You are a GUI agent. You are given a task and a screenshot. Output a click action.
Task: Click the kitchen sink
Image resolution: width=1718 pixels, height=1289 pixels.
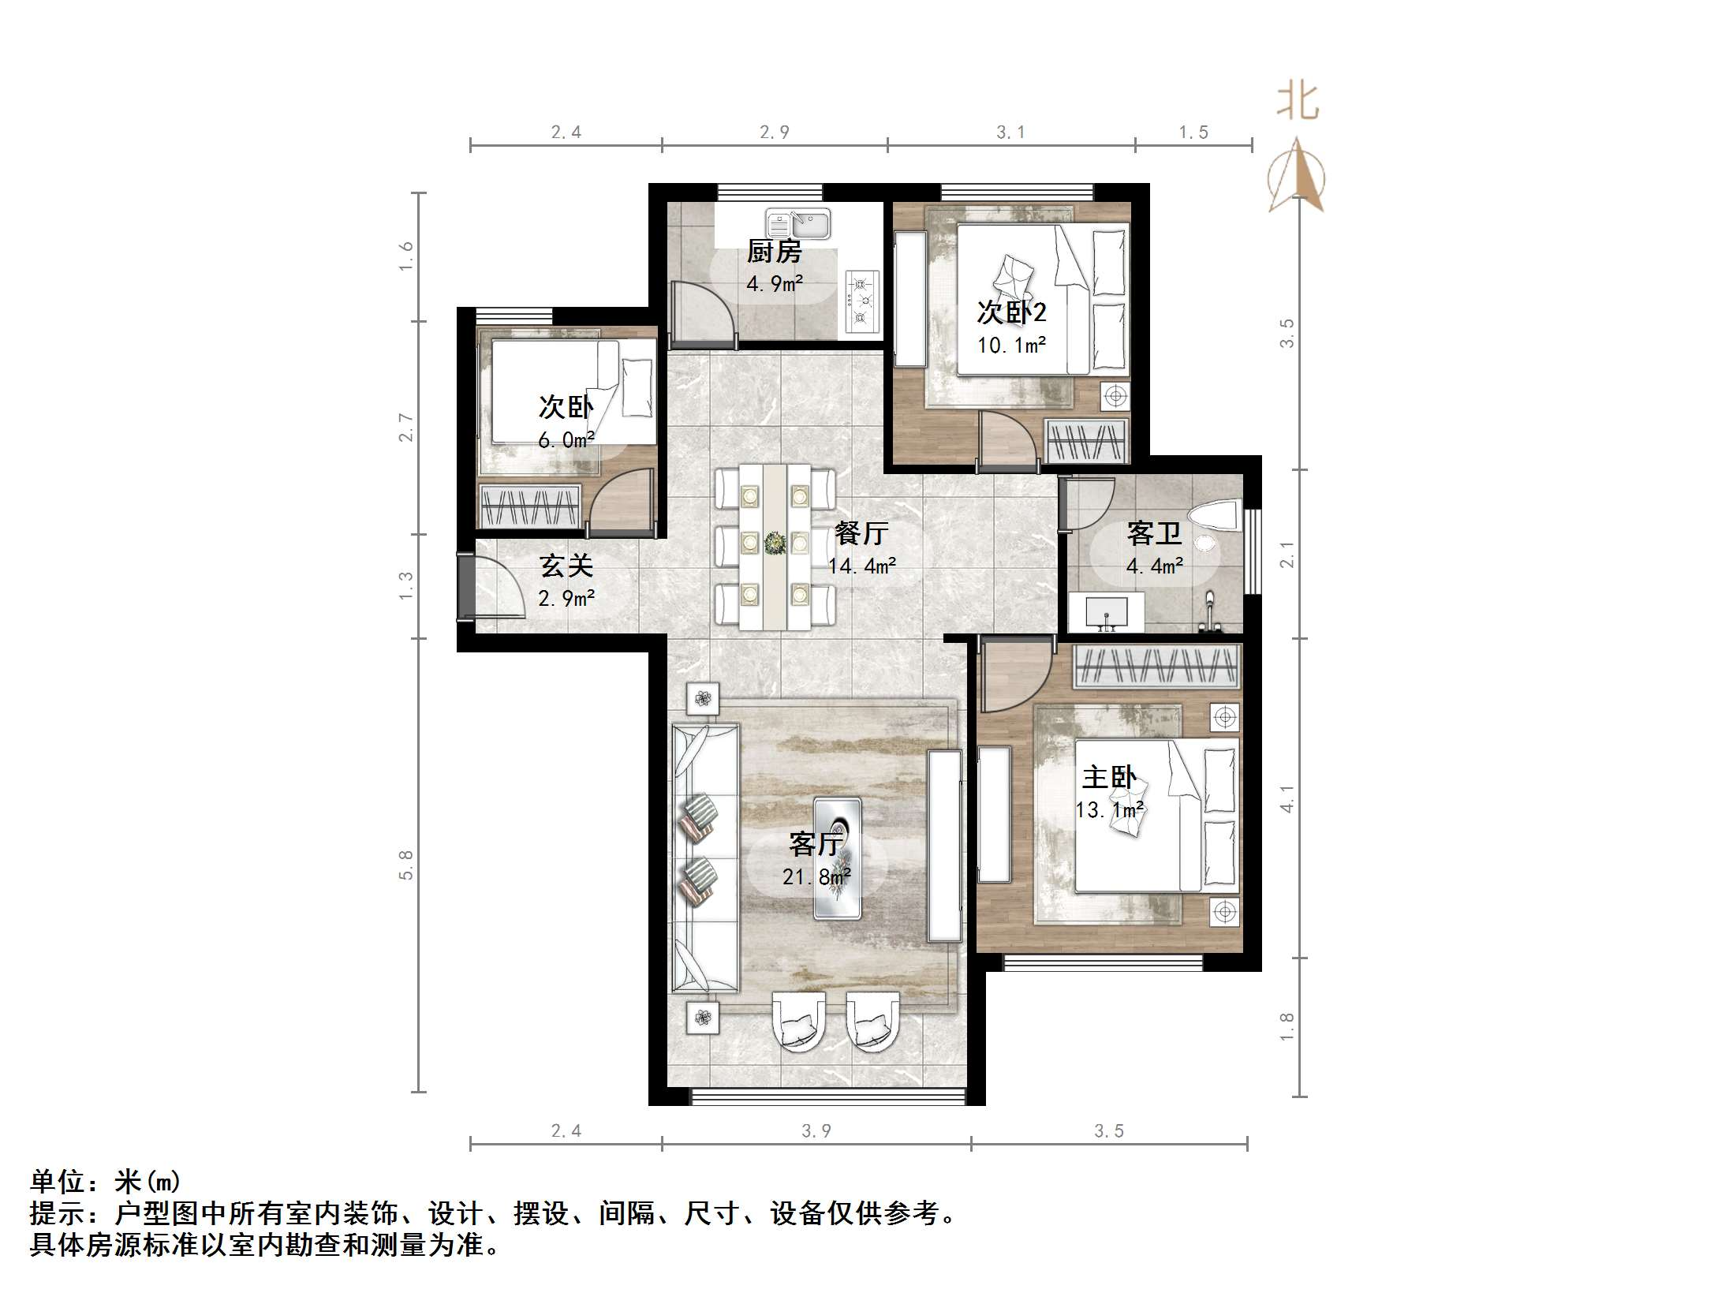[797, 223]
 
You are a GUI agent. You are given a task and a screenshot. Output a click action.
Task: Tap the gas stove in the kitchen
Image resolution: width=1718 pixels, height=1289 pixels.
[861, 301]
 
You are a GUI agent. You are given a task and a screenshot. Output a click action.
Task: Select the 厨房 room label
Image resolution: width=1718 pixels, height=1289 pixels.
[774, 252]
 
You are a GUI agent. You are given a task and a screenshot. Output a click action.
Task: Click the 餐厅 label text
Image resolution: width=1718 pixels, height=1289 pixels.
[861, 534]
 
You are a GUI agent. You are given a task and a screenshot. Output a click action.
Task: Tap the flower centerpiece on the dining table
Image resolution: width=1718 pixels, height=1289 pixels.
[775, 543]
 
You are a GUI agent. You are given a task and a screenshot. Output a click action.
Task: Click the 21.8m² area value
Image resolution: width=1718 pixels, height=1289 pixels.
[816, 876]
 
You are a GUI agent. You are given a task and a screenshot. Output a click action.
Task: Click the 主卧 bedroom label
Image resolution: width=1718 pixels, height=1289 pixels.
[1108, 778]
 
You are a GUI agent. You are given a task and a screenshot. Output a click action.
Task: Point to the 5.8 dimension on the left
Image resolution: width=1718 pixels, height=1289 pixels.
[405, 865]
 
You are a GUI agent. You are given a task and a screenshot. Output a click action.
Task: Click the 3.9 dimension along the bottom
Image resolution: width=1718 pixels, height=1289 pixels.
[816, 1131]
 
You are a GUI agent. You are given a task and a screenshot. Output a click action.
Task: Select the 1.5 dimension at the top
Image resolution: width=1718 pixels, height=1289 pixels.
[1193, 133]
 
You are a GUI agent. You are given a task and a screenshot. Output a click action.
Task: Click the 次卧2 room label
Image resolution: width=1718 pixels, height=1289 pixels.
[1011, 312]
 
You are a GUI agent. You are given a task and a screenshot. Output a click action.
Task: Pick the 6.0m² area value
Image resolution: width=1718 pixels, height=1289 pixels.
[566, 440]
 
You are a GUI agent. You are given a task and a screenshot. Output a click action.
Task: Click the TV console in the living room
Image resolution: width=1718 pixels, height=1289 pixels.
[944, 846]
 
